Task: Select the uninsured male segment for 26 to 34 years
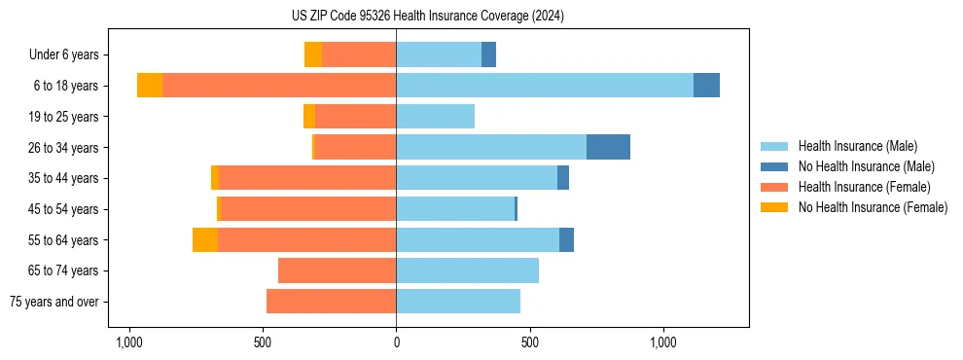608,147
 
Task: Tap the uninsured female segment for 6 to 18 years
150,86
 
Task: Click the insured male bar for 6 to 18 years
545,86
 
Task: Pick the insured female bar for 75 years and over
331,302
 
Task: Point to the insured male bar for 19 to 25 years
435,117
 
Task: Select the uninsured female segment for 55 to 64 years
205,239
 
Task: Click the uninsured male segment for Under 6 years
488,54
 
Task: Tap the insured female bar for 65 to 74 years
337,270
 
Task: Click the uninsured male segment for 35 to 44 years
563,178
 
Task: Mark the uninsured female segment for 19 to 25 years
309,117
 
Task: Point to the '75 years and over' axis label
54,302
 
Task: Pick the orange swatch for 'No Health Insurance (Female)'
774,207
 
